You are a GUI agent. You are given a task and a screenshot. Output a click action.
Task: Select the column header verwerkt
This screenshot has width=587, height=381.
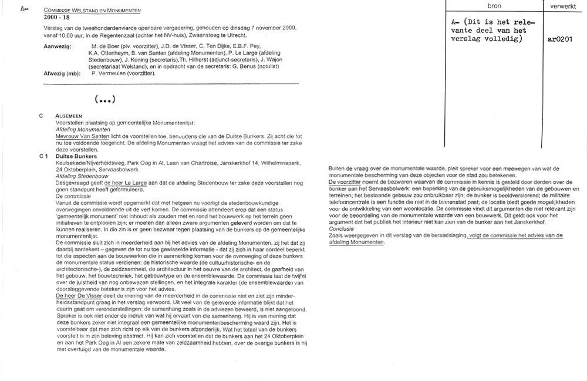[x=562, y=5]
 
